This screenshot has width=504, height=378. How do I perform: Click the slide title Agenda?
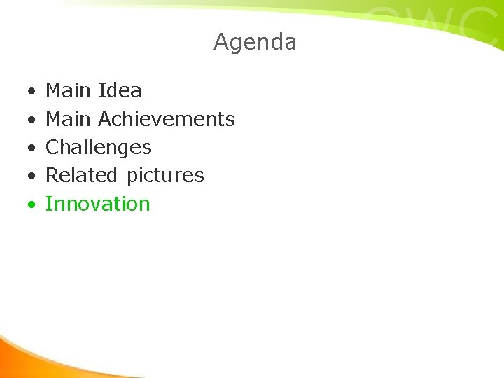(x=255, y=42)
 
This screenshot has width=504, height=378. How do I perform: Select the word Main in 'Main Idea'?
(x=68, y=90)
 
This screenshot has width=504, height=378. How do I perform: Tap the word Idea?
(x=120, y=90)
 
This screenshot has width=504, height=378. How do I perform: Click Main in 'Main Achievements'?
(x=68, y=119)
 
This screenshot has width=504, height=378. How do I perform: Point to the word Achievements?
(x=167, y=119)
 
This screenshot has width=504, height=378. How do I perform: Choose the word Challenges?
(x=98, y=148)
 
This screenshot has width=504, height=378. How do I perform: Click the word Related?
(x=81, y=175)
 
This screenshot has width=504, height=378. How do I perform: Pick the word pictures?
(x=165, y=176)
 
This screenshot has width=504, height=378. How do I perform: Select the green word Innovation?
(x=98, y=204)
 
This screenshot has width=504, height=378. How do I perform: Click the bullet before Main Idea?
(x=31, y=92)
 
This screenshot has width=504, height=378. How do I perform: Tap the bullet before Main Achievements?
(x=31, y=120)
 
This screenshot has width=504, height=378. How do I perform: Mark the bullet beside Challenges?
(x=31, y=148)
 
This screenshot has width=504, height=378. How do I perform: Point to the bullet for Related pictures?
(x=31, y=176)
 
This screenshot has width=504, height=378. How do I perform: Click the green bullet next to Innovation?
(x=31, y=205)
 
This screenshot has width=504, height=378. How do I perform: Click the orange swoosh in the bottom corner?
(x=28, y=357)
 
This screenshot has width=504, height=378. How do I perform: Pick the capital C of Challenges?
(x=52, y=147)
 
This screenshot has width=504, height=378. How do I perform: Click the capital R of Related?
(x=52, y=175)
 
